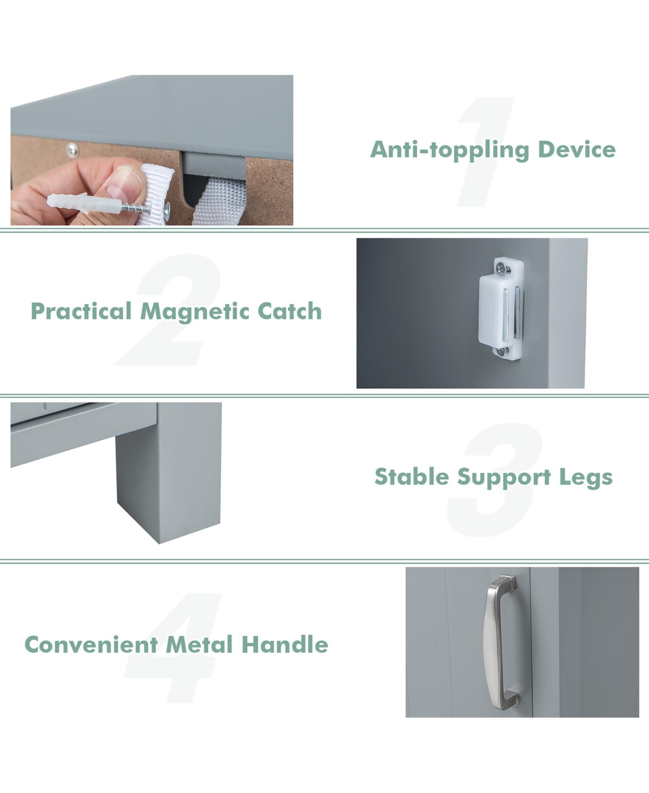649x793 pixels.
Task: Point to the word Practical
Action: pos(81,312)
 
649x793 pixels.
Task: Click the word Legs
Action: pos(587,478)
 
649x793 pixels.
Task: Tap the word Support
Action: pos(504,478)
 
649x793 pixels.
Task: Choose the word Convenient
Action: pos(91,644)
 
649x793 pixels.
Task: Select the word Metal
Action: pos(200,644)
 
